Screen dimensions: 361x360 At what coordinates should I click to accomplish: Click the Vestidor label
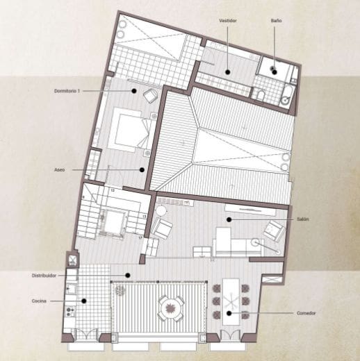coord(228,22)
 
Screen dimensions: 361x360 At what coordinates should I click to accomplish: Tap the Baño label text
coord(276,22)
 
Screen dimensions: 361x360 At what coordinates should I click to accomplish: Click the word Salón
coord(302,219)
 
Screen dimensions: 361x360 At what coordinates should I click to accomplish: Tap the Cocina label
coord(39,301)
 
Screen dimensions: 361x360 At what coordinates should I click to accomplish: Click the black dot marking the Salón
coord(227,219)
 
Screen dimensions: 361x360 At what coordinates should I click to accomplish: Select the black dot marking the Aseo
coord(141,169)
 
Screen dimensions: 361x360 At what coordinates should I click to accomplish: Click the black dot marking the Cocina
coord(85,301)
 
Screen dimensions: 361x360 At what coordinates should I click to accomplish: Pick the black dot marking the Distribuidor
coord(126,276)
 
